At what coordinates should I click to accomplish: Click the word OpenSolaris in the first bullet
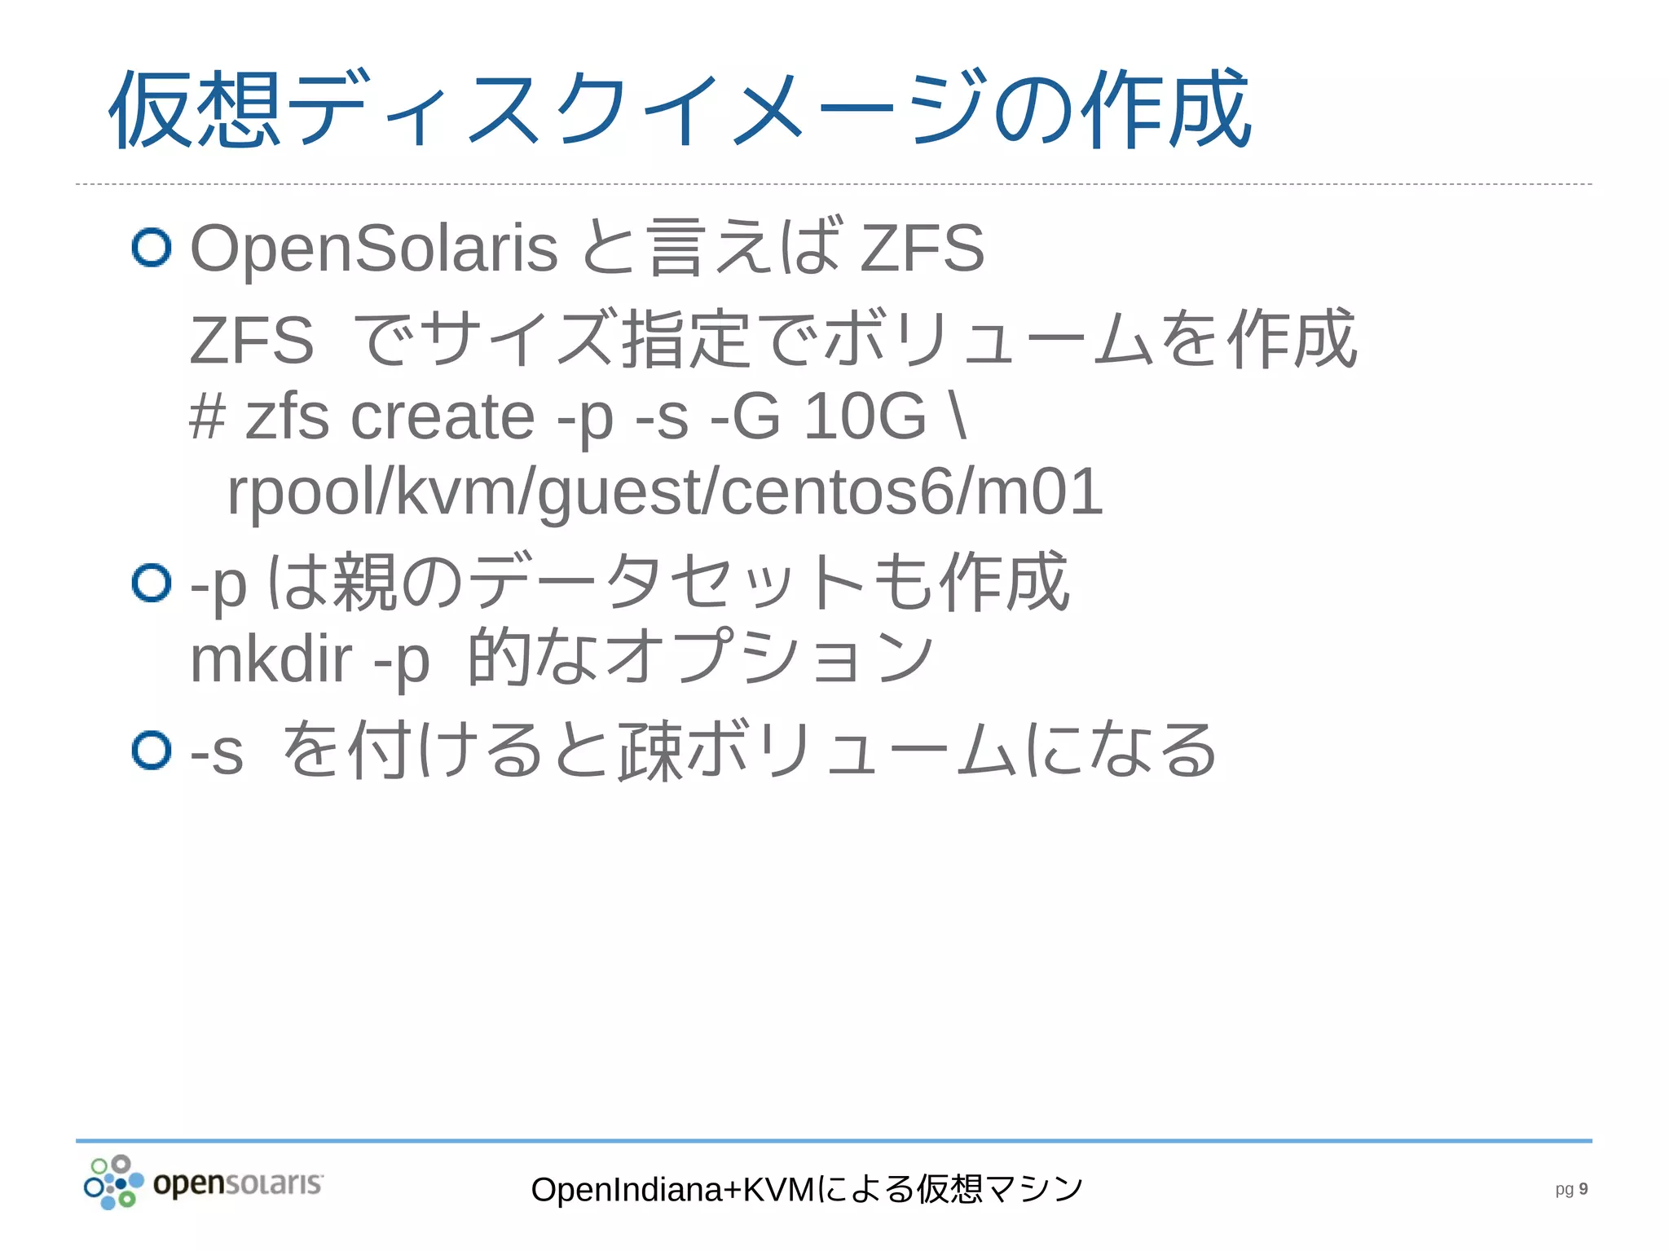tap(373, 248)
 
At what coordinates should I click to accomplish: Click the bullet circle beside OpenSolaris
tap(152, 247)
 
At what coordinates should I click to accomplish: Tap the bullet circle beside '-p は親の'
tap(152, 583)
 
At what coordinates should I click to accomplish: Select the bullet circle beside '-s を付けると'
tap(152, 750)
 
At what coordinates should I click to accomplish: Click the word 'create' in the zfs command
tap(443, 416)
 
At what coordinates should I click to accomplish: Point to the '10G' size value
tap(865, 416)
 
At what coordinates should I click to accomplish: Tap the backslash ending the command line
tap(958, 416)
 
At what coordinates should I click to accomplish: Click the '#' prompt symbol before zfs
tap(207, 416)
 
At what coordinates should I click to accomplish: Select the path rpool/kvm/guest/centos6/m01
tap(664, 491)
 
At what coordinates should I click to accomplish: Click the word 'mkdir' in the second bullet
tap(271, 659)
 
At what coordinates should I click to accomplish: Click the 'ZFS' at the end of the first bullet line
tap(923, 248)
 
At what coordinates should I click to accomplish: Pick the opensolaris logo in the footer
tap(204, 1183)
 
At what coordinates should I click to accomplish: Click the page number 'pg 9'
tap(1570, 1189)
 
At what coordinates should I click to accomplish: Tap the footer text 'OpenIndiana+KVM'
tap(672, 1190)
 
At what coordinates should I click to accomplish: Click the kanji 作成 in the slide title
tap(1165, 110)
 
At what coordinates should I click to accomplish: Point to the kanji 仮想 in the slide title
tap(196, 110)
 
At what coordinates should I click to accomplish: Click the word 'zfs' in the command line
tap(287, 416)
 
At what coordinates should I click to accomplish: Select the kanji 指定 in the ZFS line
tap(685, 339)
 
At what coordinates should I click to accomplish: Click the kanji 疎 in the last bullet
tap(650, 751)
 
